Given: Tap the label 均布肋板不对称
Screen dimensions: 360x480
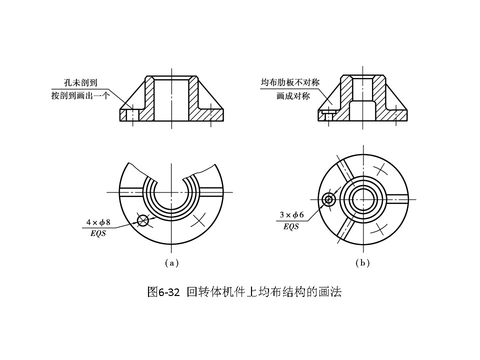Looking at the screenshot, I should point(290,82).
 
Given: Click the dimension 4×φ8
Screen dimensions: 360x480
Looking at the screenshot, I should point(98,222).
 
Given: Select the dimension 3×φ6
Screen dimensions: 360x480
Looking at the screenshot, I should point(291,215).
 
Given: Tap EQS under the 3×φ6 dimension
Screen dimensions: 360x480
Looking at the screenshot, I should point(291,226).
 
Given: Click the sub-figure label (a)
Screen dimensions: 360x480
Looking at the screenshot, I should point(171,262).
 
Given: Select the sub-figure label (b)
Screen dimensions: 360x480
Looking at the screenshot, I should point(362,262).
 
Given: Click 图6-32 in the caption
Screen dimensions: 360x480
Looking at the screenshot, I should point(163,292).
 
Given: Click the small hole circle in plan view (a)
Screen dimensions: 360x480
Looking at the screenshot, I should point(143,219).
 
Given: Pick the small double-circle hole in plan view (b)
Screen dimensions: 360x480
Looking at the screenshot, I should point(328,199).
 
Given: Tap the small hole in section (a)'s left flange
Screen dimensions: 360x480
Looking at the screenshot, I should point(132,115).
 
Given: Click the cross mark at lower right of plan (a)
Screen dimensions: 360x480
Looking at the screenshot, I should point(199,218).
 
